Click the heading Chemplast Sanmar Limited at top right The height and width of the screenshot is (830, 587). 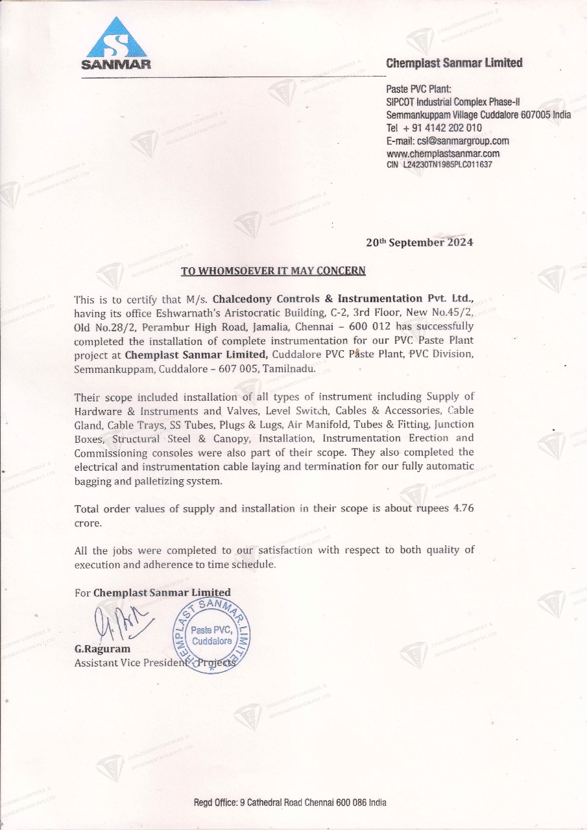454,63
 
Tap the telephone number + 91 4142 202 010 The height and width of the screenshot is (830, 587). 442,128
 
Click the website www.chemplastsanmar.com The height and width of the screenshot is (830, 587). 442,154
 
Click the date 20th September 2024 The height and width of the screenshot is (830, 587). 419,243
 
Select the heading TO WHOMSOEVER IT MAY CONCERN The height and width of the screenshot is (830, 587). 272,270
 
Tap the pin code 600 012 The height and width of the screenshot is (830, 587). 372,326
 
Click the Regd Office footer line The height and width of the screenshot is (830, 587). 290,802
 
